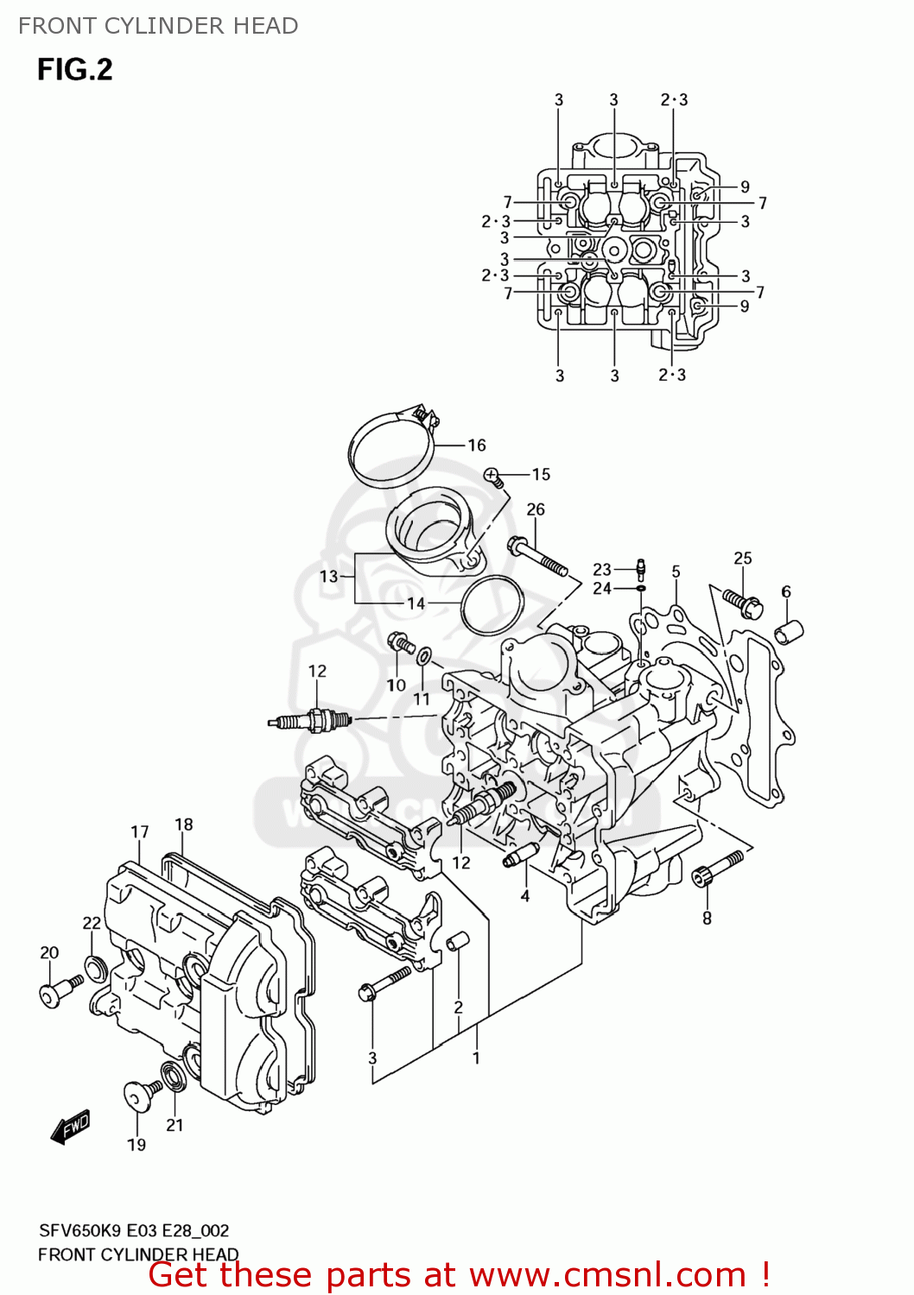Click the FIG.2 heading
pyautogui.click(x=74, y=69)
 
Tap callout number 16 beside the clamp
pyautogui.click(x=477, y=445)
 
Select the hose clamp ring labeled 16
pyautogui.click(x=390, y=449)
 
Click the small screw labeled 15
pyautogui.click(x=493, y=476)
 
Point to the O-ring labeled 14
pyautogui.click(x=492, y=604)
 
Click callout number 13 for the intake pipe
pyautogui.click(x=328, y=576)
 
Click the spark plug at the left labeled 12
pyautogui.click(x=309, y=720)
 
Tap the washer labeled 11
pyautogui.click(x=424, y=657)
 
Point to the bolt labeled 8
pyautogui.click(x=716, y=869)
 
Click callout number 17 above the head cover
pyautogui.click(x=140, y=831)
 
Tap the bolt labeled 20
pyautogui.click(x=60, y=990)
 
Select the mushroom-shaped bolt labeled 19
pyautogui.click(x=138, y=1095)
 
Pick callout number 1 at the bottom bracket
pyautogui.click(x=476, y=1058)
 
